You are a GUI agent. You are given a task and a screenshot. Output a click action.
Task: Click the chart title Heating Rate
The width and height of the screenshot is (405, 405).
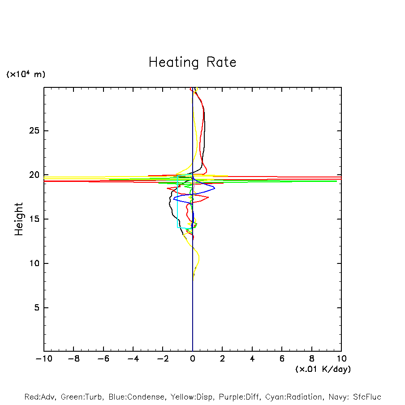[192, 62]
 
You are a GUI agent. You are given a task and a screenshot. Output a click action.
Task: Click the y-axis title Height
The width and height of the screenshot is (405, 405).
[19, 219]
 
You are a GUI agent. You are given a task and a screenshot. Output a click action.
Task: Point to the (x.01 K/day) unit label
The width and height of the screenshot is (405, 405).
[323, 369]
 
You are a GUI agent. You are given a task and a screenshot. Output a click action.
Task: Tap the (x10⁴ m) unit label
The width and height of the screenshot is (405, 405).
[26, 74]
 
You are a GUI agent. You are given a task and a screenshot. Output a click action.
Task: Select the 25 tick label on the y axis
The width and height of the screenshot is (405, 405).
[35, 131]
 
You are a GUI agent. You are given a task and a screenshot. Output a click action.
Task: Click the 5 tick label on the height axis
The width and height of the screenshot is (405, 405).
[38, 308]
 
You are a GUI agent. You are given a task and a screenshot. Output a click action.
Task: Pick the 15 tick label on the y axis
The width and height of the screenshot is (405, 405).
[35, 219]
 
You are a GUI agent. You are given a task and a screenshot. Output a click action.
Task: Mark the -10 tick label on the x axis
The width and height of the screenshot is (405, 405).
[43, 359]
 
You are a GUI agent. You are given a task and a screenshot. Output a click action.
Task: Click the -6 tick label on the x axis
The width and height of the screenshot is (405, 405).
[103, 359]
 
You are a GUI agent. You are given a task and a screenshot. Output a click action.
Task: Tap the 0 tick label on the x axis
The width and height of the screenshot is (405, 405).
[193, 359]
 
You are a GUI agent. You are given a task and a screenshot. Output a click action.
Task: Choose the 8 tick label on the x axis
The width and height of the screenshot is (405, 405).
[312, 359]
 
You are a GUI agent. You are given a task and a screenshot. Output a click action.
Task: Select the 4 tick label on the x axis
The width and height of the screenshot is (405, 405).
[252, 359]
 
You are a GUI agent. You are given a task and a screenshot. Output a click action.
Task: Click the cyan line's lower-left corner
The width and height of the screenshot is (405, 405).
[178, 228]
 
